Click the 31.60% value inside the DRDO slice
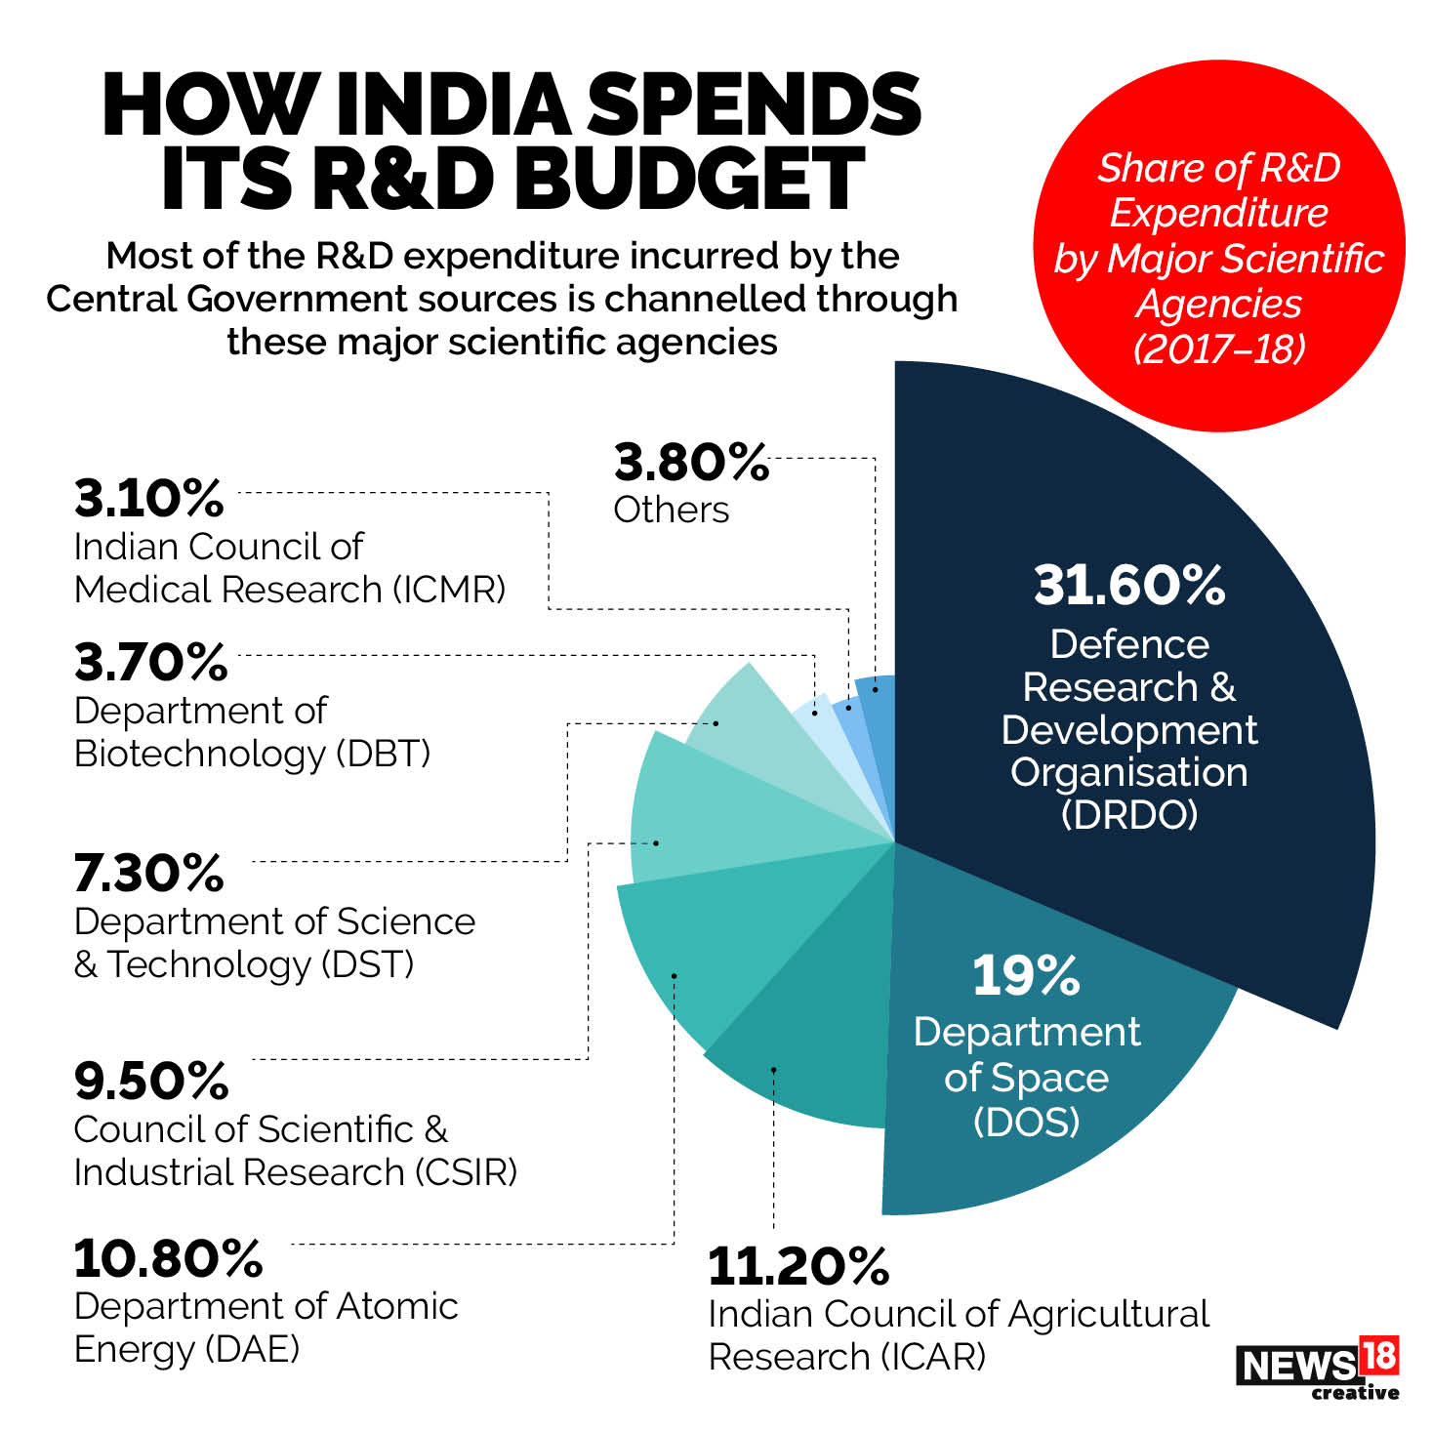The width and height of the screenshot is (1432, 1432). click(1129, 585)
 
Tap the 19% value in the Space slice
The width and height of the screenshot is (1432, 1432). click(1026, 975)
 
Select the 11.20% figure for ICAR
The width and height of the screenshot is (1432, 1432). click(798, 1266)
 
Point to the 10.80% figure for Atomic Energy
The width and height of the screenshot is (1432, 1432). click(168, 1258)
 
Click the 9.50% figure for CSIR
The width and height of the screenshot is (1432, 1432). click(151, 1081)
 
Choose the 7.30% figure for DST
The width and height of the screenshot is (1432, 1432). click(149, 873)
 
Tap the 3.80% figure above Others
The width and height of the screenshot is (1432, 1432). click(691, 462)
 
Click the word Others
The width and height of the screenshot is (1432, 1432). click(672, 510)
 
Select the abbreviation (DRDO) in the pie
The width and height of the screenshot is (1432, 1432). click(1129, 814)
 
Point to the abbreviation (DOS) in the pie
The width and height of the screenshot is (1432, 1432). click(1026, 1122)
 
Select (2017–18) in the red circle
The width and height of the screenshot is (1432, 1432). click(1219, 348)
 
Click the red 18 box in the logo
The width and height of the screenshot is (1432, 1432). click(1377, 1356)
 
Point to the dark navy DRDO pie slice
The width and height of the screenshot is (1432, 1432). click(1171, 488)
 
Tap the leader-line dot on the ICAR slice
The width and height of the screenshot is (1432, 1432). click(773, 1070)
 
